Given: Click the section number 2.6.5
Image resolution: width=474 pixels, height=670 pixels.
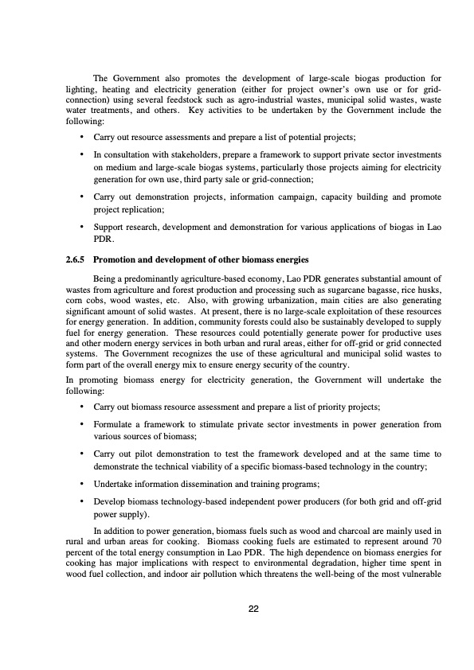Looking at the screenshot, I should (x=76, y=259).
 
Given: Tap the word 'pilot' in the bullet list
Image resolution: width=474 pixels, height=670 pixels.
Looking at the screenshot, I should (x=144, y=454).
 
